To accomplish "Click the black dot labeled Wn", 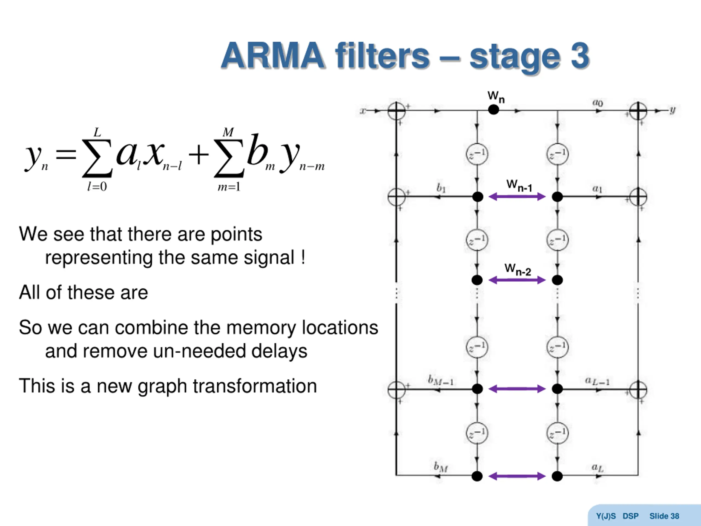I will pos(493,110).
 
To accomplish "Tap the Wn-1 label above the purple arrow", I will pos(519,185).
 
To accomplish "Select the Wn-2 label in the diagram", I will pos(518,270).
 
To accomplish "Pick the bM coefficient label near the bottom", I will pos(441,467).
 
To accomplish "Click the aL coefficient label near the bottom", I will pos(598,467).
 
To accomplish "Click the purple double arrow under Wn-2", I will pos(517,280).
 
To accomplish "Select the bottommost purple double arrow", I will pos(517,476).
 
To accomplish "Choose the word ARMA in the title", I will pos(272,56).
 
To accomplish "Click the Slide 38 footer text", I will pos(664,516).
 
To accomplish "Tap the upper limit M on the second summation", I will pos(228,132).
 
